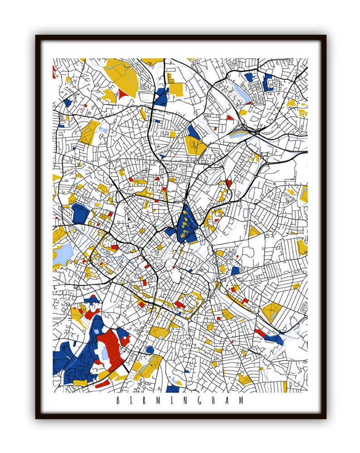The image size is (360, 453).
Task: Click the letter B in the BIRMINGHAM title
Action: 118,400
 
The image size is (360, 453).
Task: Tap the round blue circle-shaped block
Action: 150,350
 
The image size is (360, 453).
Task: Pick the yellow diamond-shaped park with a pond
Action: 271,312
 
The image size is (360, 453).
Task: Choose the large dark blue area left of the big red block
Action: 77,358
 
